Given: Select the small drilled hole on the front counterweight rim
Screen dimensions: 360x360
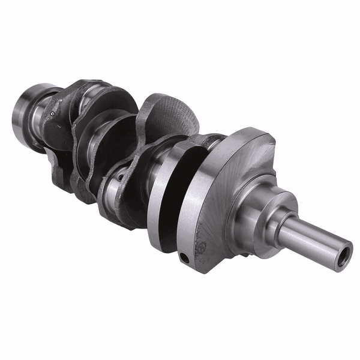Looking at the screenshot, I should [x=184, y=257].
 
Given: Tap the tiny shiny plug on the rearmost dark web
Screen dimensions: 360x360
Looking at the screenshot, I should [x=53, y=112].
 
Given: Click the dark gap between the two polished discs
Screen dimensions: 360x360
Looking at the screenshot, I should [x=171, y=192].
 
